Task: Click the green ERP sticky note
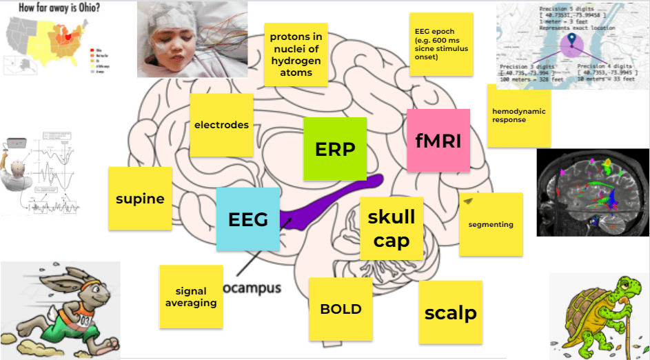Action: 335,148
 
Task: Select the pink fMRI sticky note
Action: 438,140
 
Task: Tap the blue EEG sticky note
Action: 247,219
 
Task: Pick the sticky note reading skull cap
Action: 391,228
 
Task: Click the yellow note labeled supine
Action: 140,199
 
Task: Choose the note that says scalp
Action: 450,312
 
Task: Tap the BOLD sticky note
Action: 341,309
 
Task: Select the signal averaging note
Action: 191,297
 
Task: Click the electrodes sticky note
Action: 221,125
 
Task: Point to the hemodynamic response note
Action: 518,115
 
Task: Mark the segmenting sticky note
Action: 490,224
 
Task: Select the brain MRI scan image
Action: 593,192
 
